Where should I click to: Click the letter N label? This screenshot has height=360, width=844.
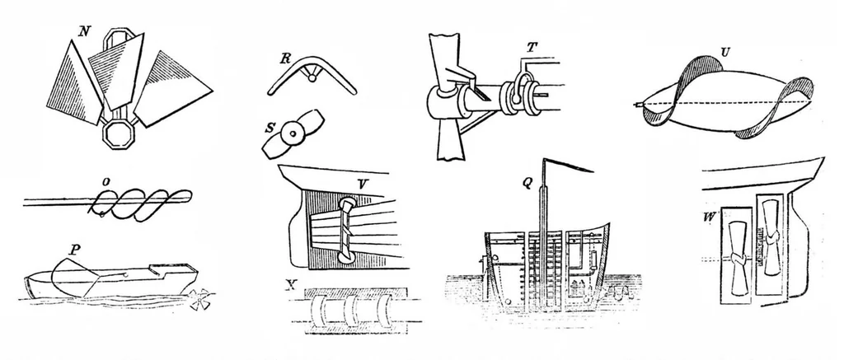83,31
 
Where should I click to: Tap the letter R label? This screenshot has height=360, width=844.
285,58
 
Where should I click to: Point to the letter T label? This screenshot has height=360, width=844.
532,48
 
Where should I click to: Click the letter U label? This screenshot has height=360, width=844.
724,54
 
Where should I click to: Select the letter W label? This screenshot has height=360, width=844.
709,218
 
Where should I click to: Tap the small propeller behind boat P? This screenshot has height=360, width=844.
199,299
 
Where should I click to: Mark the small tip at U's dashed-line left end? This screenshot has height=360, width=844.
639,104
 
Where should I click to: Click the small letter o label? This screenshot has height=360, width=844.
107,183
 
